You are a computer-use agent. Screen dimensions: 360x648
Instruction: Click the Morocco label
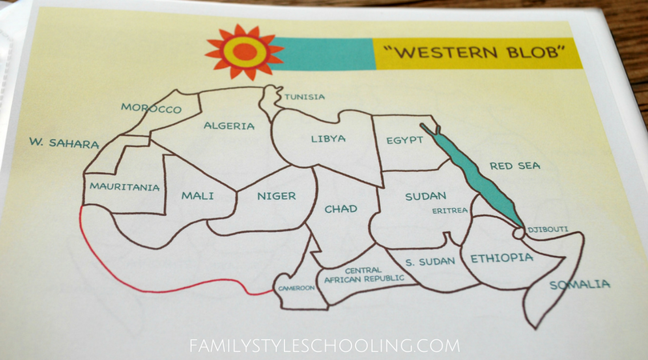(151, 108)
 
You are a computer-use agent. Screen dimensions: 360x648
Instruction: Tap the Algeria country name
(229, 126)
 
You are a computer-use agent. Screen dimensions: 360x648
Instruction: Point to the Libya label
(328, 139)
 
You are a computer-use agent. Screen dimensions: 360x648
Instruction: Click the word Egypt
(404, 140)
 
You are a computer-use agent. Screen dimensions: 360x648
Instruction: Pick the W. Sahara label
(64, 144)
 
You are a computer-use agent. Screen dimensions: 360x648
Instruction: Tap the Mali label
(198, 194)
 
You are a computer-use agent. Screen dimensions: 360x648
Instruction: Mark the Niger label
(277, 196)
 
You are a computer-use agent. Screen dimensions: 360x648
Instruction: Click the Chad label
(341, 210)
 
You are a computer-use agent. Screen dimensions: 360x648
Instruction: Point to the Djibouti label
(548, 230)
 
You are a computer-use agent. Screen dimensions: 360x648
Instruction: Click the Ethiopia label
(502, 258)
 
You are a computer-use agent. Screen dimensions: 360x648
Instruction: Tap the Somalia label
(579, 285)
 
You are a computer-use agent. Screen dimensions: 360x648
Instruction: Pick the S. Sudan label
(430, 262)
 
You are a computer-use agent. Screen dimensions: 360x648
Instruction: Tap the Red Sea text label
(515, 166)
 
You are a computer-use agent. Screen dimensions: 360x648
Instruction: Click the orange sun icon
(244, 52)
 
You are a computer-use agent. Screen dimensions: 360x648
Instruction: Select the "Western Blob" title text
(474, 54)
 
